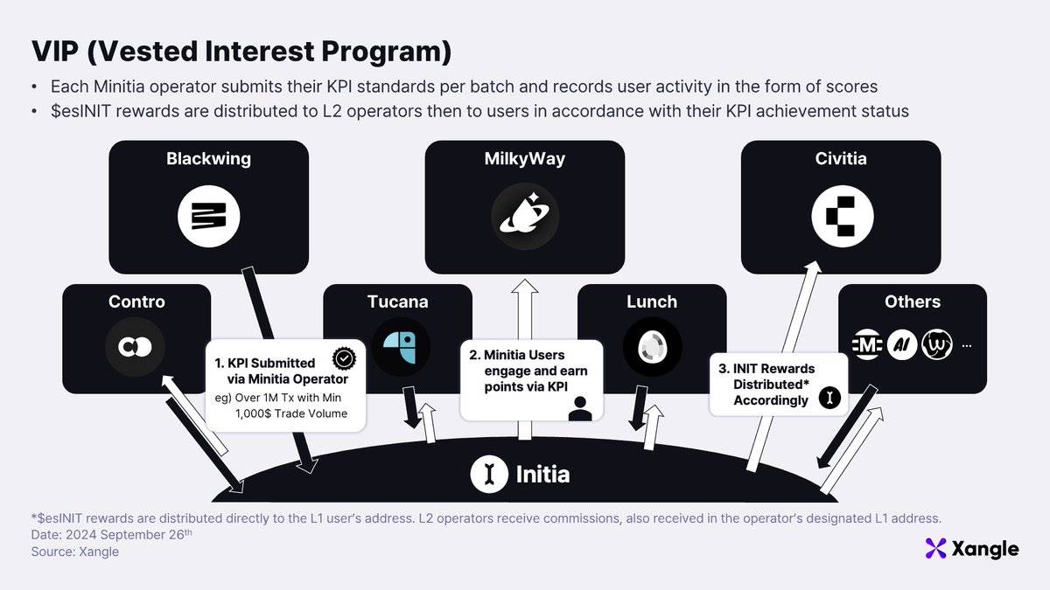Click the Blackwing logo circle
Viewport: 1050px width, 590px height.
tap(208, 216)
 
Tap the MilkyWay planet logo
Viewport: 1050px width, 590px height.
tap(524, 216)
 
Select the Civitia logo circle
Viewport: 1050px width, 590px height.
tap(842, 216)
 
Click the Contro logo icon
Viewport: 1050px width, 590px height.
tap(136, 348)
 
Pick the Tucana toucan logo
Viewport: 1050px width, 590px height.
tap(401, 347)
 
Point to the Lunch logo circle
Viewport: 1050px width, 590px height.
tap(652, 347)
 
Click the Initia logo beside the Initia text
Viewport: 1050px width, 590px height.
tap(489, 475)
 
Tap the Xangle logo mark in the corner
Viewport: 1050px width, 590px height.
tap(936, 549)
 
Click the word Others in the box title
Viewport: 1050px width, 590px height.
tap(912, 302)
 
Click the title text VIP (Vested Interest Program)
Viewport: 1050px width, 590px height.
tap(241, 52)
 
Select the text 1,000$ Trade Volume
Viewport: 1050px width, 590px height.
tap(290, 413)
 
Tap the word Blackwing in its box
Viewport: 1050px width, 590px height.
tap(208, 158)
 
